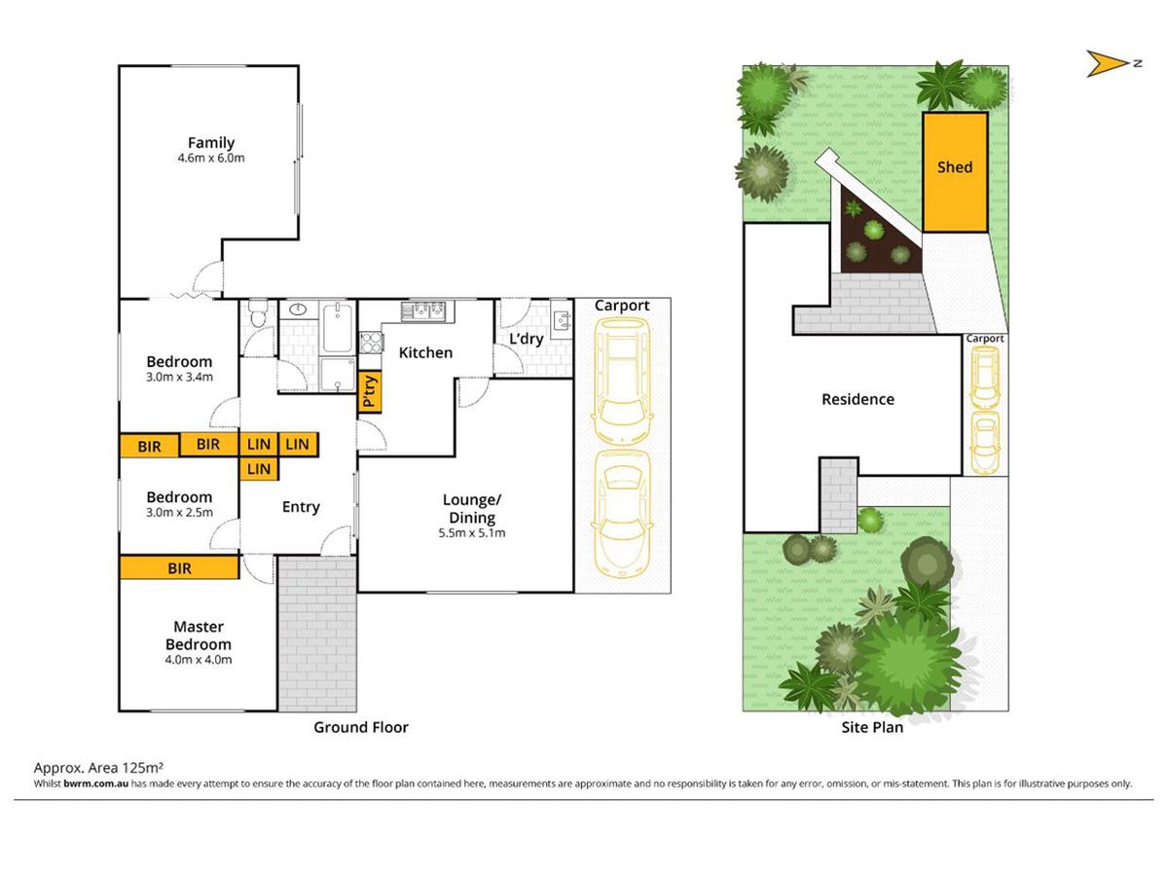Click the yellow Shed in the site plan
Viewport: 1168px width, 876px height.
click(955, 172)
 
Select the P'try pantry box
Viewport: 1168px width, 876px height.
click(369, 392)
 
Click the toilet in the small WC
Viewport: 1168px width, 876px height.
click(258, 313)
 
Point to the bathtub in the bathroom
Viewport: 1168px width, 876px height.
click(338, 327)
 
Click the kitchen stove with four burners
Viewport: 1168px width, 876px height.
click(371, 342)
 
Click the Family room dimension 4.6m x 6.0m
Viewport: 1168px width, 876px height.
click(211, 158)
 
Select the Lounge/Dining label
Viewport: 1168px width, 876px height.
click(472, 508)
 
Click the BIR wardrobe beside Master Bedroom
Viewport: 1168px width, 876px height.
click(179, 567)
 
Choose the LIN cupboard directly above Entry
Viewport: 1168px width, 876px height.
click(259, 469)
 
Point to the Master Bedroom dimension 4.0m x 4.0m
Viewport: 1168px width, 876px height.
click(199, 660)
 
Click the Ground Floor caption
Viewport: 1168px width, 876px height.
click(361, 727)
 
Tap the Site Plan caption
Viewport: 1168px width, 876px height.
click(872, 727)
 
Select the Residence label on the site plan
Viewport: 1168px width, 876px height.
click(858, 399)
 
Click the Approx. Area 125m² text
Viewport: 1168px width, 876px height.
click(98, 767)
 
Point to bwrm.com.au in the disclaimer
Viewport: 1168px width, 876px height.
click(95, 784)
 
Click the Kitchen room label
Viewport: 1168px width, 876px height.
click(425, 352)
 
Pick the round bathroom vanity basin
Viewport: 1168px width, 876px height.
click(298, 309)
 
